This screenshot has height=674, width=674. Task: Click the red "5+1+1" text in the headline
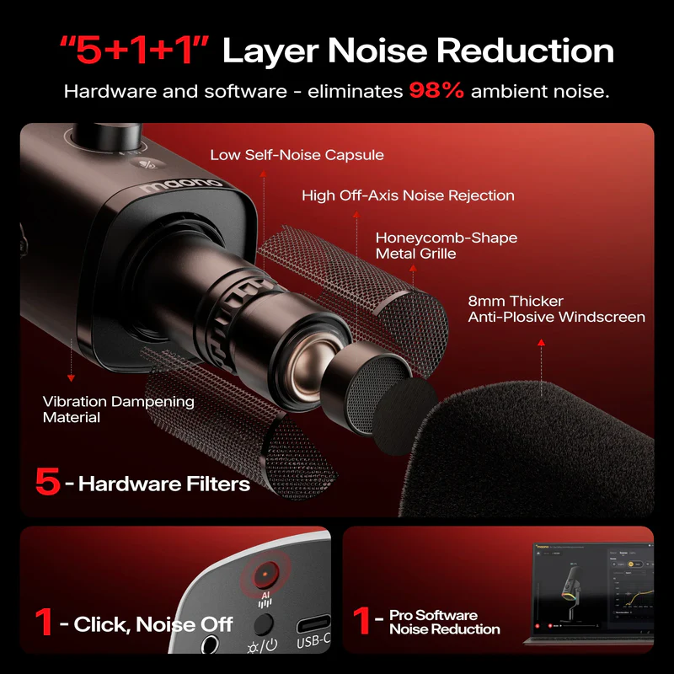[132, 51]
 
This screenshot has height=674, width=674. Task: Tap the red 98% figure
[436, 91]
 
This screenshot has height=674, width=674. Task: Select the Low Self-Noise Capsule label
[297, 155]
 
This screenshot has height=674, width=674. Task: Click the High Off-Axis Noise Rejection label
[408, 195]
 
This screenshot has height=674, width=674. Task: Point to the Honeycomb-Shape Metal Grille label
[446, 245]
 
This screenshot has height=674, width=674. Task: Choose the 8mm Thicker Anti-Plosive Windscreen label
[556, 309]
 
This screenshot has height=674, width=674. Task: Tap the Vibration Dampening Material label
[118, 409]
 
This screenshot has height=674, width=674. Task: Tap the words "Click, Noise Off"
[153, 624]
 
